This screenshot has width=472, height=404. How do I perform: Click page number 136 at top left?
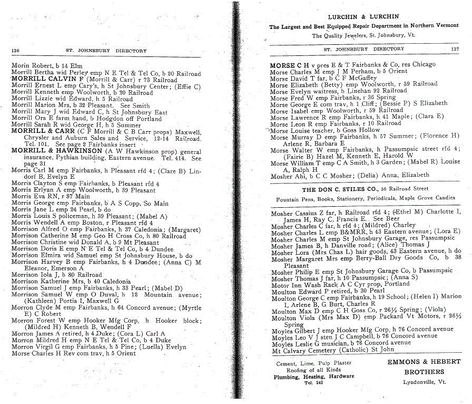click(x=15, y=51)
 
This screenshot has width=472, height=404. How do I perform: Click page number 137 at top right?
click(x=455, y=49)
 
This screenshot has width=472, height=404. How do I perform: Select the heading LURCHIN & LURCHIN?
click(x=363, y=17)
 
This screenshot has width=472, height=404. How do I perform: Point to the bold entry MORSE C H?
click(x=289, y=65)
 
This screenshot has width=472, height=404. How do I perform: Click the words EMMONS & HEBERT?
click(x=424, y=362)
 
